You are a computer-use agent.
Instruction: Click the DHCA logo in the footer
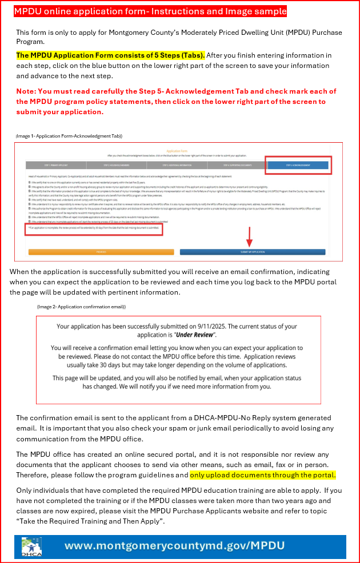pos(29,546)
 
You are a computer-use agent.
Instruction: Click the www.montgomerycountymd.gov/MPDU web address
pos(174,545)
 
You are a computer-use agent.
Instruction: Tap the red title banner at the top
pos(150,11)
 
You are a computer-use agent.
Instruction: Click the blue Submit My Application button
pos(252,251)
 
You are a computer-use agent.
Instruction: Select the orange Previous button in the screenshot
pos(101,251)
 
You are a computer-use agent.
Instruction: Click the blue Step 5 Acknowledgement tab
pos(297,166)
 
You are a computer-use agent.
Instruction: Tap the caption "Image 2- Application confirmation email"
pos(82,307)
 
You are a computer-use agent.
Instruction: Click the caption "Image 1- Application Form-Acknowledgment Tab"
pos(69,136)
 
